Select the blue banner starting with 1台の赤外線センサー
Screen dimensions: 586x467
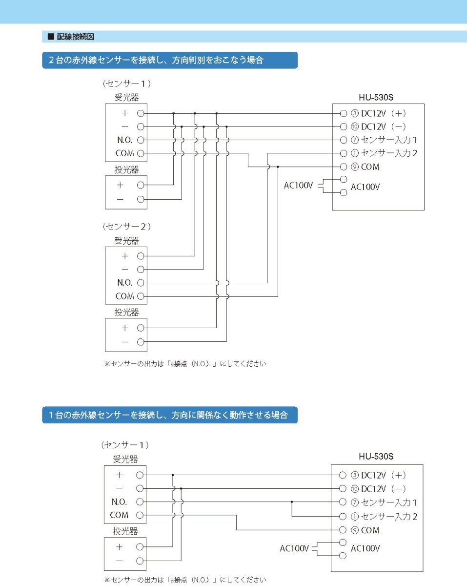point(168,416)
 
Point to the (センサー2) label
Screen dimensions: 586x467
point(127,227)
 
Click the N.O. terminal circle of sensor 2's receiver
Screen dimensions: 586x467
point(141,282)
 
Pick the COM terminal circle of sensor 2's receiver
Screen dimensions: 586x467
point(141,296)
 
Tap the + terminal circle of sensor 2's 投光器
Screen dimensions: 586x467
point(141,328)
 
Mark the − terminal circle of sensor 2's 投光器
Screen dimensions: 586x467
point(141,342)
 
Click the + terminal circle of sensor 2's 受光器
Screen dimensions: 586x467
point(141,255)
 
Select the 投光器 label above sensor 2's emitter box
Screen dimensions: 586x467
point(127,312)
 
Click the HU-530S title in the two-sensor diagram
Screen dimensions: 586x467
point(376,96)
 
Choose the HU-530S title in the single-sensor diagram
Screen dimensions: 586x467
point(376,457)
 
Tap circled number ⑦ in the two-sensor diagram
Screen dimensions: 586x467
point(355,140)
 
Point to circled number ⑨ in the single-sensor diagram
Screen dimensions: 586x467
point(355,530)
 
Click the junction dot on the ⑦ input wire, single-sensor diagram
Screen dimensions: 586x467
point(292,502)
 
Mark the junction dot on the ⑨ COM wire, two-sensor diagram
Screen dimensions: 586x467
point(278,167)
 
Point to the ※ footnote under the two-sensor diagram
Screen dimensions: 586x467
point(185,364)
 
